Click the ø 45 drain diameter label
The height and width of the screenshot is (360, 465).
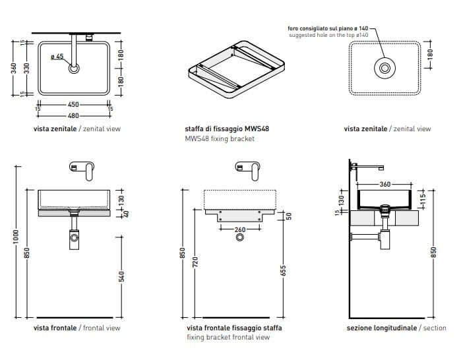click(57, 57)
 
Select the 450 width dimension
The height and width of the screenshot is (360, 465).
click(73, 104)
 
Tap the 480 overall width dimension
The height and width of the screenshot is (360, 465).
click(73, 115)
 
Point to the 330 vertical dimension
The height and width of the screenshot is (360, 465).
click(26, 68)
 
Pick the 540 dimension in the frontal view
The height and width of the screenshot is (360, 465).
click(122, 277)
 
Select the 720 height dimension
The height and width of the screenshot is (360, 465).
click(195, 262)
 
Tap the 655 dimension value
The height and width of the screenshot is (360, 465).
click(282, 270)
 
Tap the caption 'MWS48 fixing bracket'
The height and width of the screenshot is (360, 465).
click(220, 139)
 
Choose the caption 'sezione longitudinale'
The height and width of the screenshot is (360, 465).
click(381, 328)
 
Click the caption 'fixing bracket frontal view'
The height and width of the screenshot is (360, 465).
click(228, 338)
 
